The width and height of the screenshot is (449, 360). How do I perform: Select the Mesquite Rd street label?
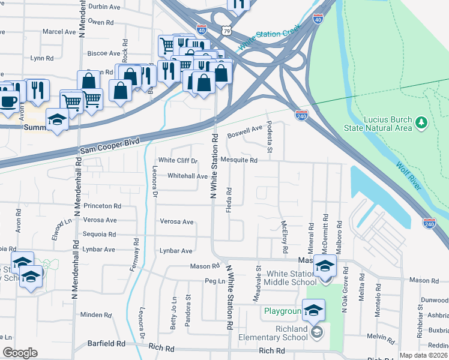tap(239, 160)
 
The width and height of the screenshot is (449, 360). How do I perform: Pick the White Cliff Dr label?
tap(178, 160)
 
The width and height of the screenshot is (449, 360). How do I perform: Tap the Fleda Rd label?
tap(229, 199)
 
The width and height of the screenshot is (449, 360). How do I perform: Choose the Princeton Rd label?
tap(102, 206)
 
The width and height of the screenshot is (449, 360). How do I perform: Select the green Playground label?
tap(282, 311)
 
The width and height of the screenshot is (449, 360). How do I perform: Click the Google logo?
tap(20, 353)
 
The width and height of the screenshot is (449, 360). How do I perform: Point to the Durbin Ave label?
tap(104, 6)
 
